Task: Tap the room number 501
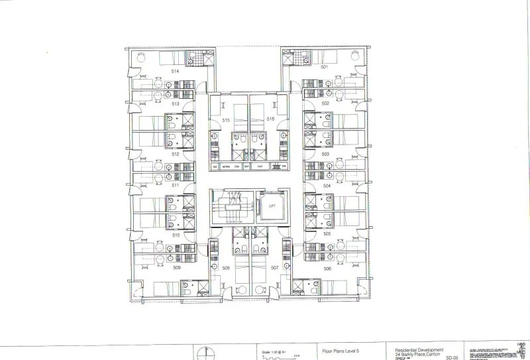[x=325, y=67]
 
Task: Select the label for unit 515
[x=226, y=120]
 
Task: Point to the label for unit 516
[x=270, y=118]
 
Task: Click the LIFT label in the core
[x=272, y=206]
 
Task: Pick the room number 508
[x=226, y=268]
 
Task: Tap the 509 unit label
[x=177, y=268]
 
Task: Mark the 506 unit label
[x=327, y=268]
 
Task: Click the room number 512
[x=176, y=153]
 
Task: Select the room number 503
[x=326, y=153]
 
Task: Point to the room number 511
[x=176, y=185]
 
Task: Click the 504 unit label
[x=327, y=186]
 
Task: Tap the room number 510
[x=176, y=235]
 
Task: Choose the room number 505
[x=327, y=234]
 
